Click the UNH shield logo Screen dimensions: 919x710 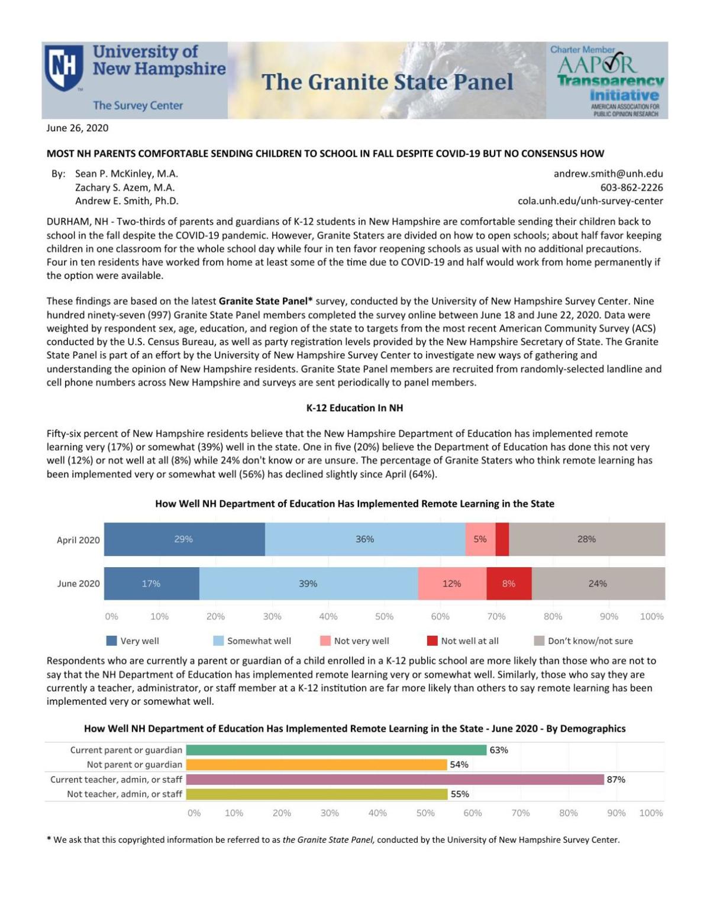[64, 68]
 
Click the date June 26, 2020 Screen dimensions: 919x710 [78, 128]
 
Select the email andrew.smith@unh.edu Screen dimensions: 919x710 [608, 174]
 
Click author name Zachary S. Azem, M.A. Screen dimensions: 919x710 [125, 187]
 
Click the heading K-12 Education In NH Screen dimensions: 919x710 [354, 408]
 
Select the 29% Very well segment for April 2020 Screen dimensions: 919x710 [184, 539]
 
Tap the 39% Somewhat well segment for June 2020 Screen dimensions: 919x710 [308, 584]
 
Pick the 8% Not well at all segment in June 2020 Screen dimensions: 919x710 [509, 584]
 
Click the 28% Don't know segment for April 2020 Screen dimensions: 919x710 [586, 539]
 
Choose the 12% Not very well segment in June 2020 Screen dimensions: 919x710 [452, 584]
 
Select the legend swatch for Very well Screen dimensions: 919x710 [111, 641]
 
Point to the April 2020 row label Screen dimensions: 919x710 [78, 540]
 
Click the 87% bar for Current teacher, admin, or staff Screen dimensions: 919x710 [395, 779]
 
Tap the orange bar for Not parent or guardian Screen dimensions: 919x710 [317, 765]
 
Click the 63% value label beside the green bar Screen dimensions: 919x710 [499, 750]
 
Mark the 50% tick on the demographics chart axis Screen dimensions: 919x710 [425, 813]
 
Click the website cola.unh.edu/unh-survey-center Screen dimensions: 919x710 [590, 201]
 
